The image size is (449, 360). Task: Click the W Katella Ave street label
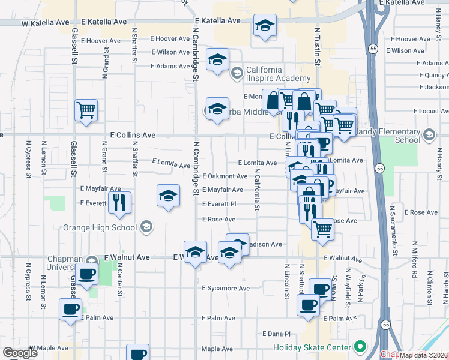point(45,23)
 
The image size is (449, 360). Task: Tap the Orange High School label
point(100,227)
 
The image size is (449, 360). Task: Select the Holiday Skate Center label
point(312,347)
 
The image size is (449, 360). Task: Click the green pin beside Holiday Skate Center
point(360,347)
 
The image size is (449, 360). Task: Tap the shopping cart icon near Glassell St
point(86,110)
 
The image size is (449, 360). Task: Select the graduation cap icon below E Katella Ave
point(264,26)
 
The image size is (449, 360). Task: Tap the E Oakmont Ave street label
point(224,176)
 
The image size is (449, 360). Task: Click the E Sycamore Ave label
point(226,289)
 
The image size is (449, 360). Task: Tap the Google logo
point(20,353)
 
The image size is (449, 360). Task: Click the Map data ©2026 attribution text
point(423,355)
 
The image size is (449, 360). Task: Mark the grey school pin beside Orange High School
point(146,227)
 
